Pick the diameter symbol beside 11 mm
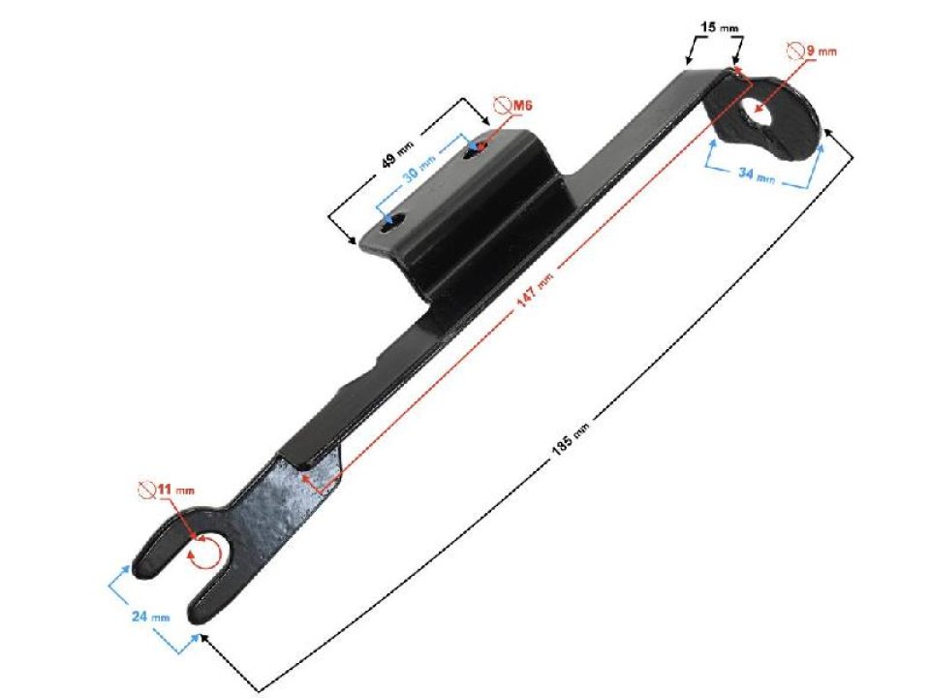[x=148, y=490]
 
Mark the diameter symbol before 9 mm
[x=792, y=49]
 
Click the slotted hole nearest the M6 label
[x=477, y=148]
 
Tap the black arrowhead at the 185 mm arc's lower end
[x=204, y=638]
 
